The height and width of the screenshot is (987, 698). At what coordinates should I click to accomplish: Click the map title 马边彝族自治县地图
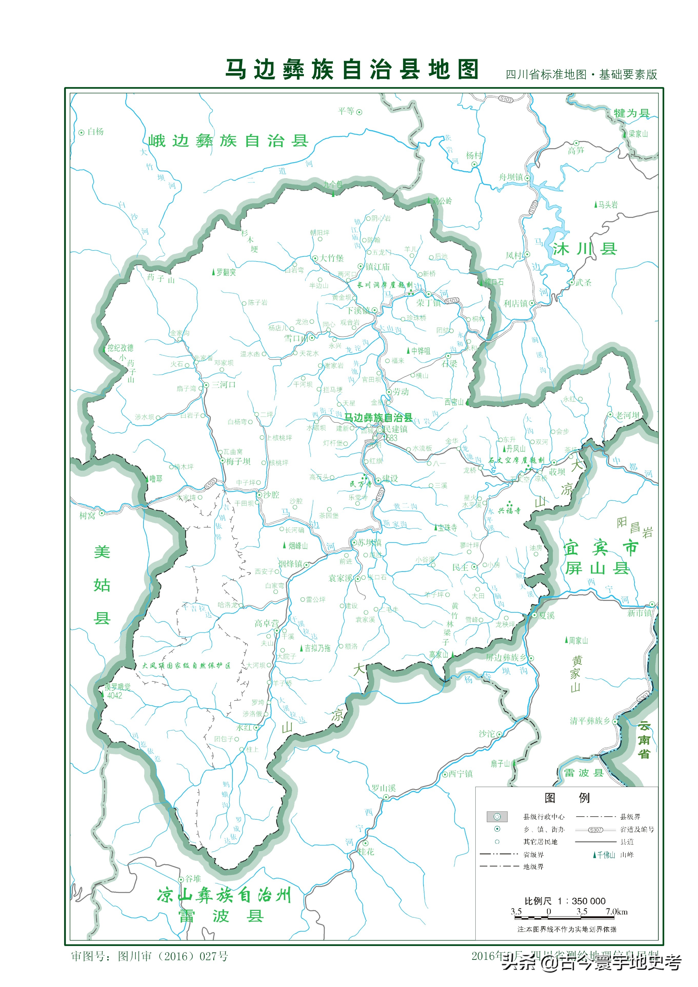tap(352, 70)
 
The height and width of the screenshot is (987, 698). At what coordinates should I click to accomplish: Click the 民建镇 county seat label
tap(396, 429)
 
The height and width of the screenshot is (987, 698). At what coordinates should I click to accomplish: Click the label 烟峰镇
tap(290, 563)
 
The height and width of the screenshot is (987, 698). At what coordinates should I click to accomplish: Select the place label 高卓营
tap(266, 623)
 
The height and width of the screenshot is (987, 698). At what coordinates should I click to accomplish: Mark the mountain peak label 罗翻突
tap(226, 272)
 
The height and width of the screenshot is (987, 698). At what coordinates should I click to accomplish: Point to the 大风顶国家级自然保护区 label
tap(186, 666)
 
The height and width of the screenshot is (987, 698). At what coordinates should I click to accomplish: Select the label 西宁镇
tap(461, 774)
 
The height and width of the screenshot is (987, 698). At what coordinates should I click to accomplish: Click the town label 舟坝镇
tap(511, 177)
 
